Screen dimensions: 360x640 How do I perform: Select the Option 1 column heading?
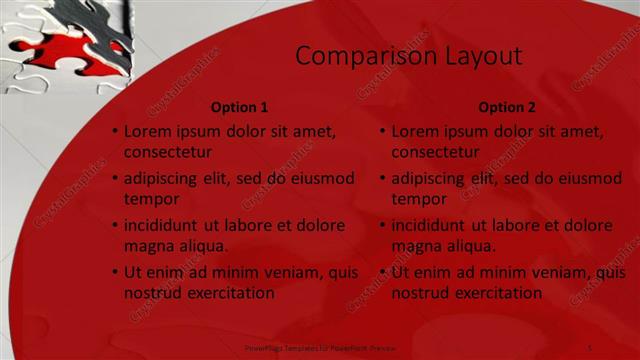[240, 107]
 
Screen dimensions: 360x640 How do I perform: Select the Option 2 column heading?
[507, 107]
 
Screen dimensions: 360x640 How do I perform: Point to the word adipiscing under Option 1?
[163, 179]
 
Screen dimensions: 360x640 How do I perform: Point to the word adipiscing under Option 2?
[431, 179]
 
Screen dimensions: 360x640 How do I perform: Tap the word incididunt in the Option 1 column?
[163, 226]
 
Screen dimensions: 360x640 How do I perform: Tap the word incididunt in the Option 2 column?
[431, 226]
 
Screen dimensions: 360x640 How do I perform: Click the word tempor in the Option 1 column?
[150, 199]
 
